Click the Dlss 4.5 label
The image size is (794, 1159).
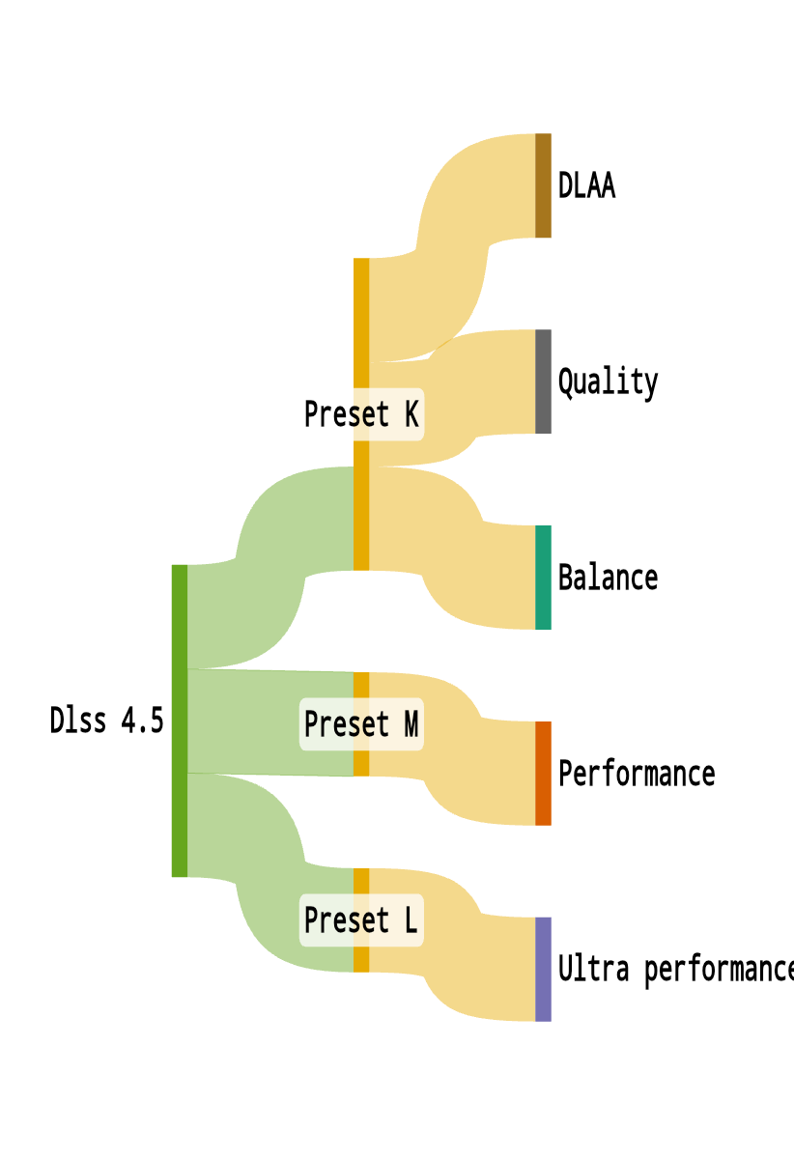tap(106, 721)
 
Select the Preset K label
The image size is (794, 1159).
tap(361, 413)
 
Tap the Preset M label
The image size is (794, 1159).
tap(361, 723)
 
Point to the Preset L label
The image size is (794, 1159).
tap(361, 919)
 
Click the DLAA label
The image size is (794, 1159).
tap(586, 185)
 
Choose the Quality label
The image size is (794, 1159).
tap(608, 382)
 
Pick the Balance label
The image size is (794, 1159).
tap(608, 578)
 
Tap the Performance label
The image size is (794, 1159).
tap(637, 774)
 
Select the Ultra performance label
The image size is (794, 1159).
tap(674, 969)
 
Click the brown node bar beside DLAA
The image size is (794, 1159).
tap(543, 185)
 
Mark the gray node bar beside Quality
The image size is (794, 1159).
tap(543, 382)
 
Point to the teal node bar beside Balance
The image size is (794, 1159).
tap(543, 578)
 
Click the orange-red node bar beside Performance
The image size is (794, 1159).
tap(543, 774)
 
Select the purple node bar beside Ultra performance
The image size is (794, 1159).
tap(543, 969)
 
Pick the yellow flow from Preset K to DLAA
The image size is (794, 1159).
tap(454, 232)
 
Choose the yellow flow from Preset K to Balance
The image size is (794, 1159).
tap(454, 551)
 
